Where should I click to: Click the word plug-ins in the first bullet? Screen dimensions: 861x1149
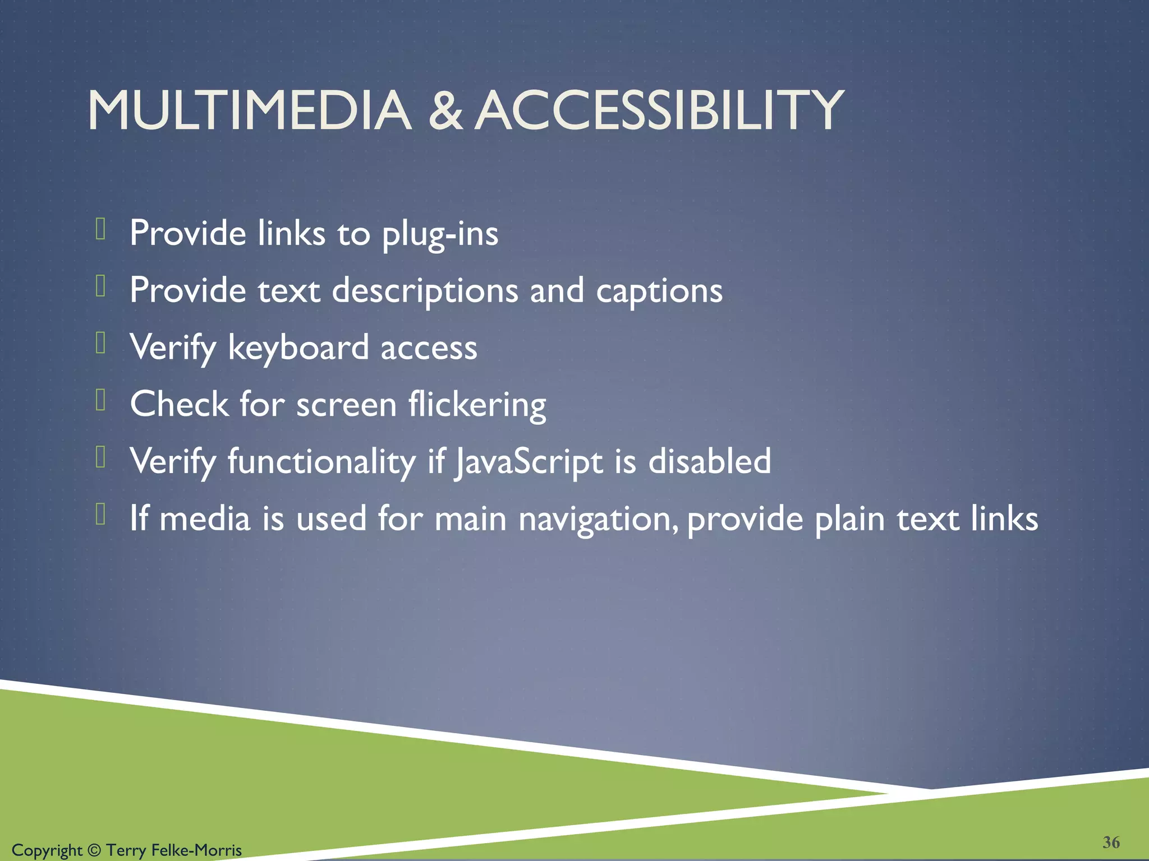440,234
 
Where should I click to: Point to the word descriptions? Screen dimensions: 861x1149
425,291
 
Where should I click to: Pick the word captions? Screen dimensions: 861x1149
659,292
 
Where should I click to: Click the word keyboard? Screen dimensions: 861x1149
298,348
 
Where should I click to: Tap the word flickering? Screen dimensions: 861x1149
477,405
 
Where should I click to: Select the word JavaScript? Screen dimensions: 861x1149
528,462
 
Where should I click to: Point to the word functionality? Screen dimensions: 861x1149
321,462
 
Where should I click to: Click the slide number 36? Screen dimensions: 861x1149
1111,842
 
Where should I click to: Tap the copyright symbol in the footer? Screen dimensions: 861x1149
94,850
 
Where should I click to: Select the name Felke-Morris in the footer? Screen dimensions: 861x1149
196,850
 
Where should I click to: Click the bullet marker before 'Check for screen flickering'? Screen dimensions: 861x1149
101,400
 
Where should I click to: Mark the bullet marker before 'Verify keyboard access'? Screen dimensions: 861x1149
101,343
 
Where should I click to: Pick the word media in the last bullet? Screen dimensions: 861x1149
205,519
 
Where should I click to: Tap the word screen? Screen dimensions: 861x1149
346,405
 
